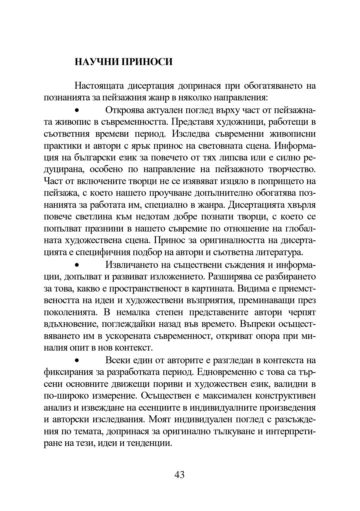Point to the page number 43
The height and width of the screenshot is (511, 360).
pos(179,475)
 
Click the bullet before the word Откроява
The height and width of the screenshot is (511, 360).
pos(77,110)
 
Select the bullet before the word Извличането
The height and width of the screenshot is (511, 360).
pos(77,265)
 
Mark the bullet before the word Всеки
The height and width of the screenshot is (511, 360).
pos(77,361)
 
